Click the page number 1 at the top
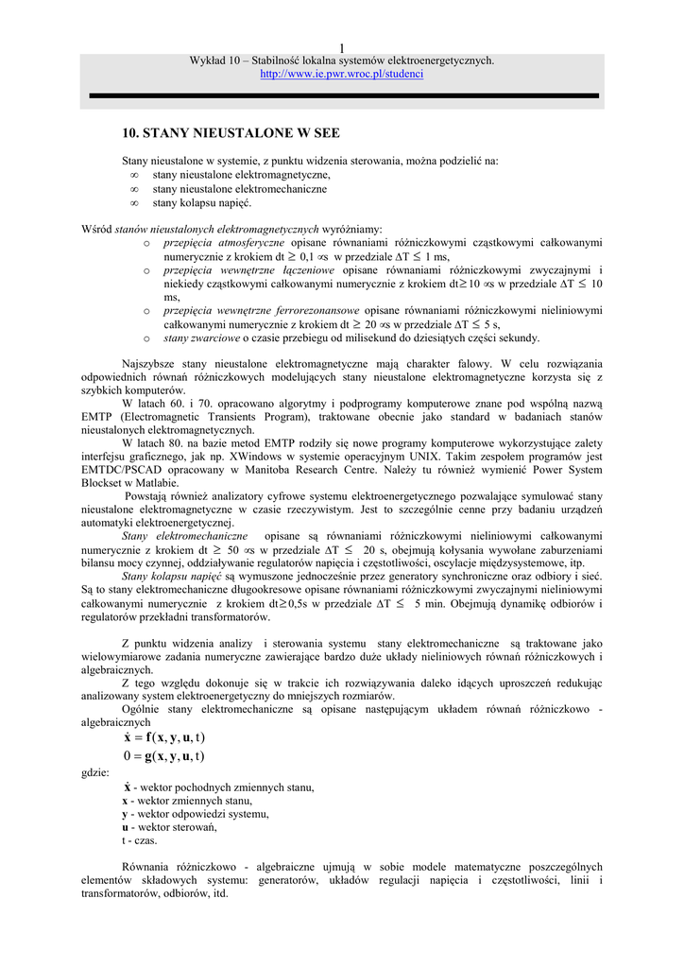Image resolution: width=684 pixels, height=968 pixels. point(342,48)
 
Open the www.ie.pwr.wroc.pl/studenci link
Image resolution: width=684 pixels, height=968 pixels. point(342,73)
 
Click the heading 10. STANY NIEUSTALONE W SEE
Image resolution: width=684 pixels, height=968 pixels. point(231,133)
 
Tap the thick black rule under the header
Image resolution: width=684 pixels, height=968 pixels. point(342,95)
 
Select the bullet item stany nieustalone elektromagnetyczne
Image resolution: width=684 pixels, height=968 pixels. point(241,175)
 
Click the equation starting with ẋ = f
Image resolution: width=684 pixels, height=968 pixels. point(165,737)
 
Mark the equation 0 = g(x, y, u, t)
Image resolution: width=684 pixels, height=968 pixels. point(165,755)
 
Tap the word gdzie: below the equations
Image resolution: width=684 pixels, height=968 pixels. point(95,772)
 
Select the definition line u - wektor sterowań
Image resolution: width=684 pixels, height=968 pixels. point(169,827)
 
